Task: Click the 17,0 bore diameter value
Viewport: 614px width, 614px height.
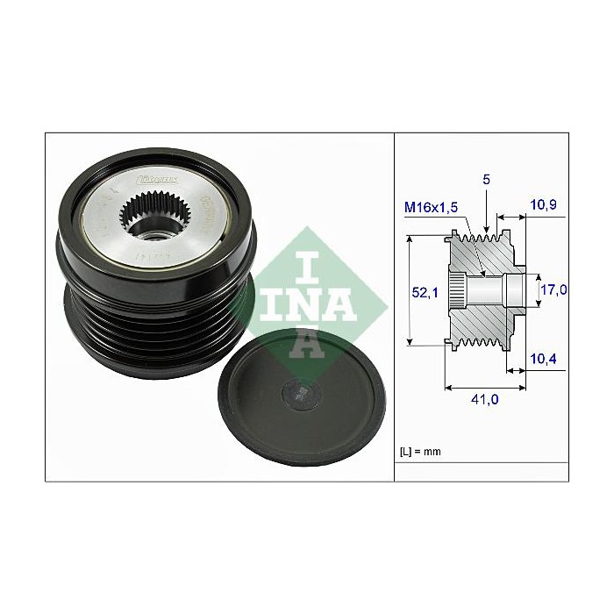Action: [x=553, y=289]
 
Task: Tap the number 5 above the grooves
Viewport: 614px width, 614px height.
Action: [x=486, y=179]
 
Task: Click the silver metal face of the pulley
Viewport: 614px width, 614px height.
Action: [x=105, y=237]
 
